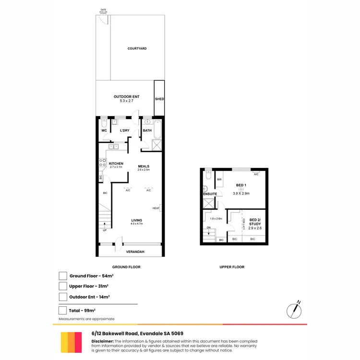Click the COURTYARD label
pyautogui.click(x=137, y=49)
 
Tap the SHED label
pyautogui.click(x=159, y=99)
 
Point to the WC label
pyautogui.click(x=104, y=131)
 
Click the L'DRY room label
pyautogui.click(x=124, y=131)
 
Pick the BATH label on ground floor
pyautogui.click(x=147, y=131)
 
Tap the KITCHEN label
pyautogui.click(x=117, y=164)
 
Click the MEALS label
pyautogui.click(x=144, y=167)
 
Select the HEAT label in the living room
pyautogui.click(x=156, y=208)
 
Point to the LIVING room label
pyautogui.click(x=137, y=220)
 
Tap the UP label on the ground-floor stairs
pyautogui.click(x=104, y=230)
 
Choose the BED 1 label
pyautogui.click(x=241, y=185)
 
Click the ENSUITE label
pyautogui.click(x=209, y=194)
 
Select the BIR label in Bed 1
pyautogui.click(x=219, y=180)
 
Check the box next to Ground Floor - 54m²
pyautogui.click(x=62, y=276)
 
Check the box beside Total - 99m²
pyautogui.click(x=62, y=310)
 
